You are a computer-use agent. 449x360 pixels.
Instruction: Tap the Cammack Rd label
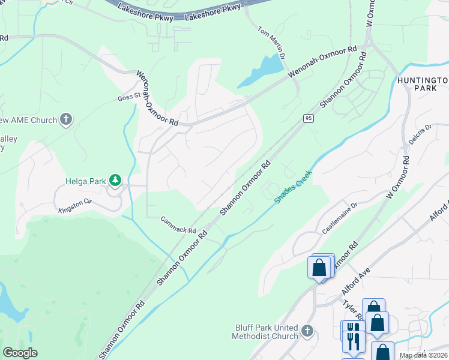(x=178, y=226)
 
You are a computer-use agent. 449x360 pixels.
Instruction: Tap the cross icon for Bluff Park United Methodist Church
(x=307, y=331)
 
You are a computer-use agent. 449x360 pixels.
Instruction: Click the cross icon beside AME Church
(x=66, y=120)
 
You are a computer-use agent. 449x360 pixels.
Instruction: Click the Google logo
(x=20, y=353)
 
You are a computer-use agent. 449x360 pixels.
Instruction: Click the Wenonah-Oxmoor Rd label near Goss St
(x=158, y=98)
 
